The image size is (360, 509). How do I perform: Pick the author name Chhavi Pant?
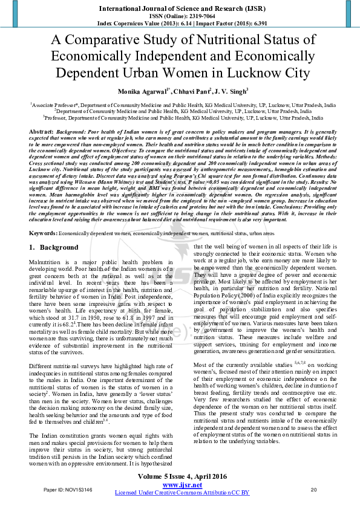click(190, 91)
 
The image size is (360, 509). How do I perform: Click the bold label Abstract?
click(41, 131)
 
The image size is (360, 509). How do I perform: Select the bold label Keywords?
click(44, 233)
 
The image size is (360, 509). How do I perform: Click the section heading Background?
click(59, 248)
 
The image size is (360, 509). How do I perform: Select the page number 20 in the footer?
click(313, 490)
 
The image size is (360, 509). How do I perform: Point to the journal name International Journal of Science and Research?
click(175, 8)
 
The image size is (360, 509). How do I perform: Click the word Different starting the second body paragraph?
click(42, 366)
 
